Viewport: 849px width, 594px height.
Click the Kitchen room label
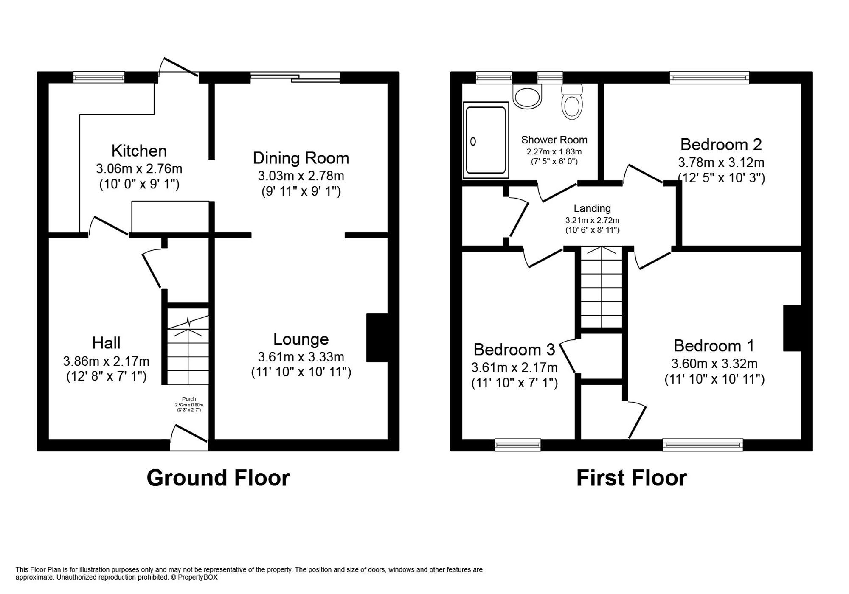click(x=139, y=151)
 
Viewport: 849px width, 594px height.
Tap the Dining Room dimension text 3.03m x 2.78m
click(x=301, y=176)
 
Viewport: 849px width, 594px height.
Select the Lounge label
click(x=301, y=339)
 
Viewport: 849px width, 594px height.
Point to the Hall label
click(x=106, y=343)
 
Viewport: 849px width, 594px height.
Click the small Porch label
click(x=189, y=399)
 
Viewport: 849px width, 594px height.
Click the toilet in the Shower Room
click(x=572, y=104)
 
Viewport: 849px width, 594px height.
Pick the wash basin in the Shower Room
click(x=528, y=96)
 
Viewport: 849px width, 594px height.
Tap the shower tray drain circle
click(x=473, y=142)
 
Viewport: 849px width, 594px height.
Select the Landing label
click(x=592, y=208)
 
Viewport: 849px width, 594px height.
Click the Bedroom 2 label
click(x=721, y=145)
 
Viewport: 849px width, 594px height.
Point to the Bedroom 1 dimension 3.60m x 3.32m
click(x=714, y=364)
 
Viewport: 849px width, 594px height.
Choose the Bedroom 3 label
click(x=514, y=350)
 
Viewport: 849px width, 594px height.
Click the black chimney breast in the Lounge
click(x=377, y=337)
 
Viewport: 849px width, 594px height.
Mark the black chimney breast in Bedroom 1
click(x=792, y=328)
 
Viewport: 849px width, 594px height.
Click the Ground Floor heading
click(x=218, y=478)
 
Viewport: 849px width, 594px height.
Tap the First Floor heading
click(x=631, y=478)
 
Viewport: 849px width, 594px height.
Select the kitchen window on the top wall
click(x=98, y=77)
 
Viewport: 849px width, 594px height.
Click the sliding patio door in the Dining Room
click(x=295, y=77)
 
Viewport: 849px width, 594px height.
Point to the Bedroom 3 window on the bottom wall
click(x=517, y=445)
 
